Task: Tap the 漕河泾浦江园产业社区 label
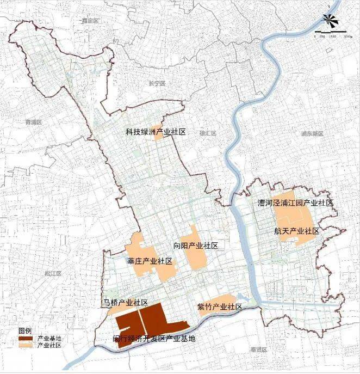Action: (295, 203)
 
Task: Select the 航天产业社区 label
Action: (297, 231)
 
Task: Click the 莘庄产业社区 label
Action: (150, 261)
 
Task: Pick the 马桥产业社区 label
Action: (126, 302)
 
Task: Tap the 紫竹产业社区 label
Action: (220, 307)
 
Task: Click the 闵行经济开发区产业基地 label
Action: (150, 339)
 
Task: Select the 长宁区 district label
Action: (156, 83)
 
